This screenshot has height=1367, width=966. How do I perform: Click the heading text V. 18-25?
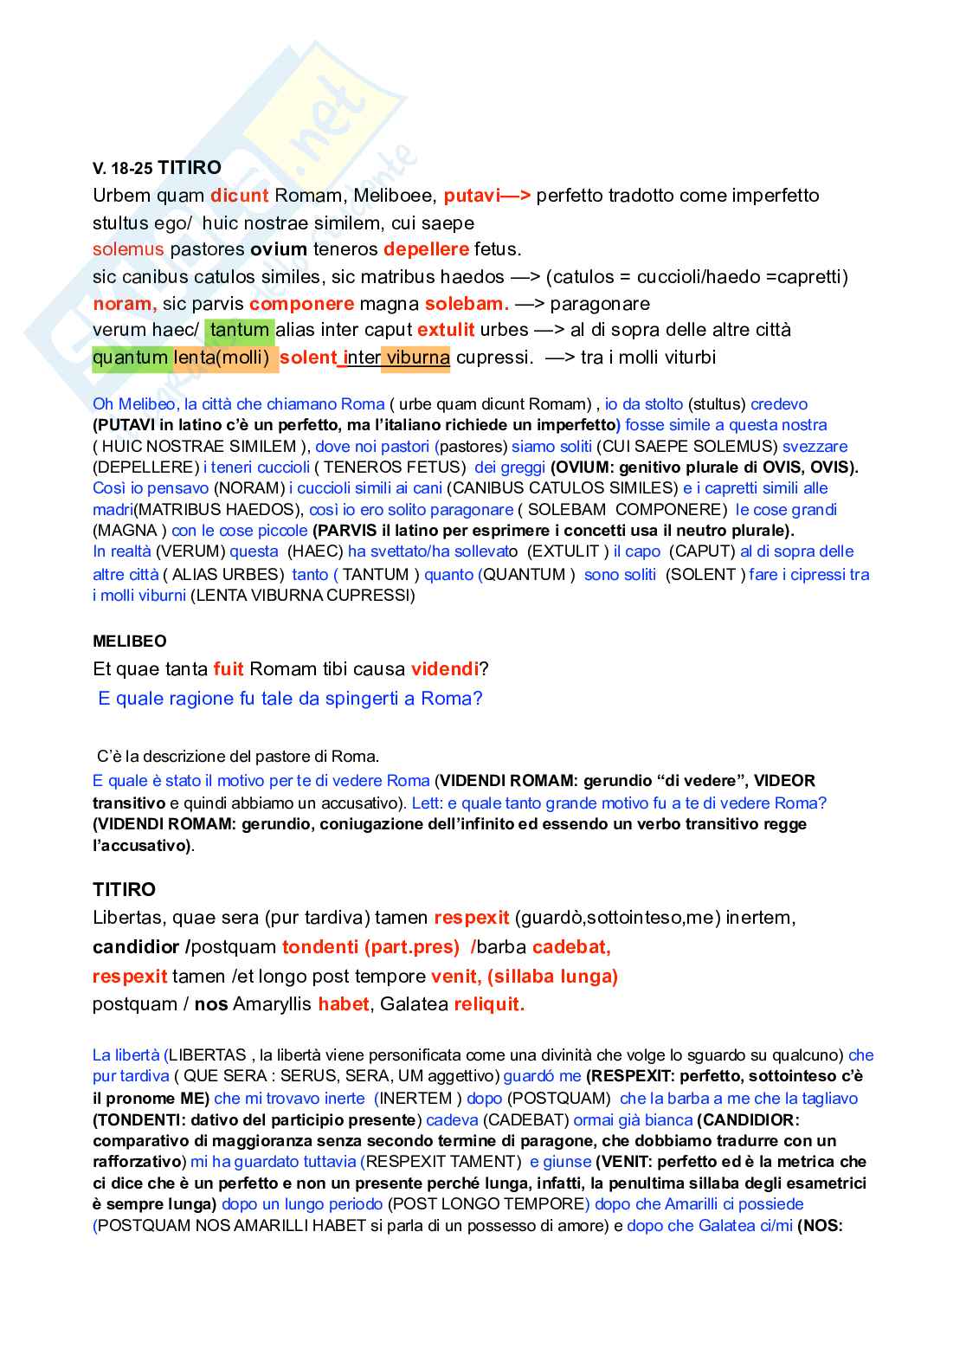[123, 169]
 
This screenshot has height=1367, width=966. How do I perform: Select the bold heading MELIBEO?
[130, 642]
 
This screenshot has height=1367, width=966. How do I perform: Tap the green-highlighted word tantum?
[240, 330]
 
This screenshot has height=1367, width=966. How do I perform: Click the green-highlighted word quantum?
[131, 358]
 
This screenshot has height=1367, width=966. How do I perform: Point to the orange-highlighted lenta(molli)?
[222, 358]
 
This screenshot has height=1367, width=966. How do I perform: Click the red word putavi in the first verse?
[472, 196]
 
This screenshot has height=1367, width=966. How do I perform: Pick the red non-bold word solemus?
[128, 249]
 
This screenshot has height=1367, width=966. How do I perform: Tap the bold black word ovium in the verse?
[279, 249]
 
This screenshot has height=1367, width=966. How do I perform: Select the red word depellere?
[426, 249]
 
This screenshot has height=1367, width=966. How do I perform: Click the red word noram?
[124, 304]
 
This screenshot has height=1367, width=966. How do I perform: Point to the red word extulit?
[446, 330]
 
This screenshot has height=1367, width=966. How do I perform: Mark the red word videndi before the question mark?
[444, 669]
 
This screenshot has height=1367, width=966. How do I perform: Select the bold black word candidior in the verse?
[136, 947]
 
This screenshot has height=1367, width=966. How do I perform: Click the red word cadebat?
[570, 947]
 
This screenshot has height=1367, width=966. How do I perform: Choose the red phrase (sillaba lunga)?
[552, 977]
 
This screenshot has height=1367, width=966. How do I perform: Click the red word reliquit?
[489, 1004]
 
